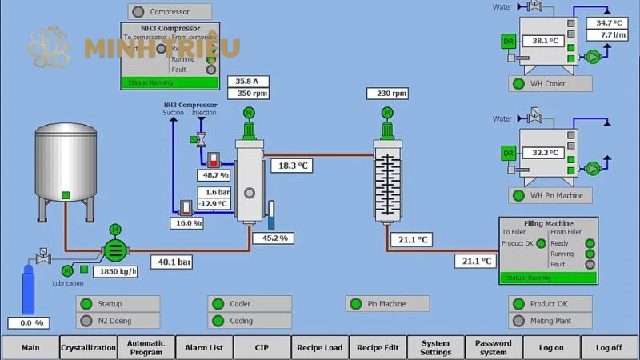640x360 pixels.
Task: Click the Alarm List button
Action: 204,347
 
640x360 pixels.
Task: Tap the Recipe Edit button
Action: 378,347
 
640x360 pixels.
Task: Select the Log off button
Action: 609,347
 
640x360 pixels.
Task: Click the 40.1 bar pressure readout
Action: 173,262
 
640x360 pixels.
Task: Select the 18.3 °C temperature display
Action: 294,166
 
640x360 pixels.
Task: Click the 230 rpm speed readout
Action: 387,94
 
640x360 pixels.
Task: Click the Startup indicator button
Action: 118,304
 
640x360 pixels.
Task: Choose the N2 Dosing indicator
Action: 118,321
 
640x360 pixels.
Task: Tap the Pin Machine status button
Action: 387,304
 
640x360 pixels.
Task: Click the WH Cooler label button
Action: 550,84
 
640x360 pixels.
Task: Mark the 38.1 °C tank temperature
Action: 545,41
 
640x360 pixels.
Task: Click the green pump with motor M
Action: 114,250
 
